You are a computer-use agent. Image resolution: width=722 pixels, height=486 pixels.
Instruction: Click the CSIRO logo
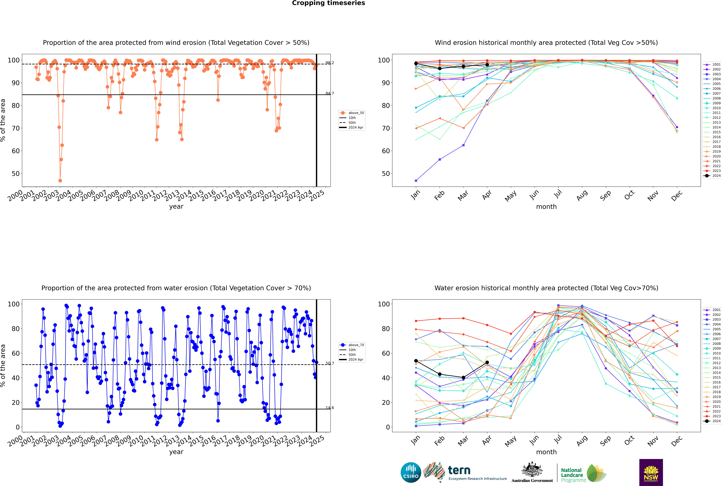click(411, 472)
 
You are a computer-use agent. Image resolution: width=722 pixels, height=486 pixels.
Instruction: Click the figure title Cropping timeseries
click(328, 3)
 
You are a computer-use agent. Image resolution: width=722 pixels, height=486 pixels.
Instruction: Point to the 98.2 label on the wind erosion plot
click(330, 63)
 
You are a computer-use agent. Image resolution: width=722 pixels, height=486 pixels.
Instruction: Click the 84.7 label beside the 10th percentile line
click(330, 93)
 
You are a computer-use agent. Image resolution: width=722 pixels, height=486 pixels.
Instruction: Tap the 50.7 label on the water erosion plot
click(330, 363)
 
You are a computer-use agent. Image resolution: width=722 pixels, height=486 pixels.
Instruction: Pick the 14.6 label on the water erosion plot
click(330, 408)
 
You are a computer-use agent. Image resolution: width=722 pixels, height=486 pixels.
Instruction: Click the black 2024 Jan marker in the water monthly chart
click(416, 361)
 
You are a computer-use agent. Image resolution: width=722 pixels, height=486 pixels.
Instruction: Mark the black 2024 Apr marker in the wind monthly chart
click(487, 65)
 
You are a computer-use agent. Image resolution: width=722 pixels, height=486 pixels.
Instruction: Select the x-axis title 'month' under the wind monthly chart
click(546, 207)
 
